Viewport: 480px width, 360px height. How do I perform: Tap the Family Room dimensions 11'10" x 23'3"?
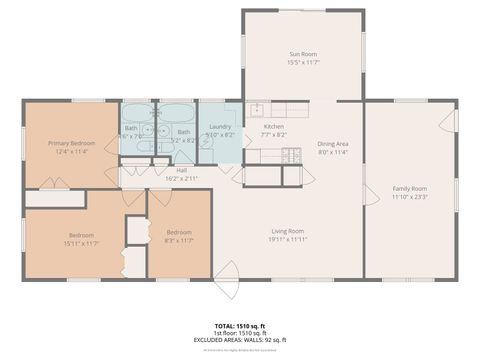409,197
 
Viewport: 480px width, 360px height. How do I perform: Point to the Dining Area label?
333,144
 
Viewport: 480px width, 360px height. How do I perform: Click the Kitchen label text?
274,127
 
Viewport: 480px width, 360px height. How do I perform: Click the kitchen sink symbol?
256,109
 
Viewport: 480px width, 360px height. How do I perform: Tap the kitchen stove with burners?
292,154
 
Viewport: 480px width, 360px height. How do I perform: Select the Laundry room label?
220,127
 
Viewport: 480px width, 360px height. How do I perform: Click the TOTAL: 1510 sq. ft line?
240,327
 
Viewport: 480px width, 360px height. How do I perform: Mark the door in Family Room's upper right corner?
449,120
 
